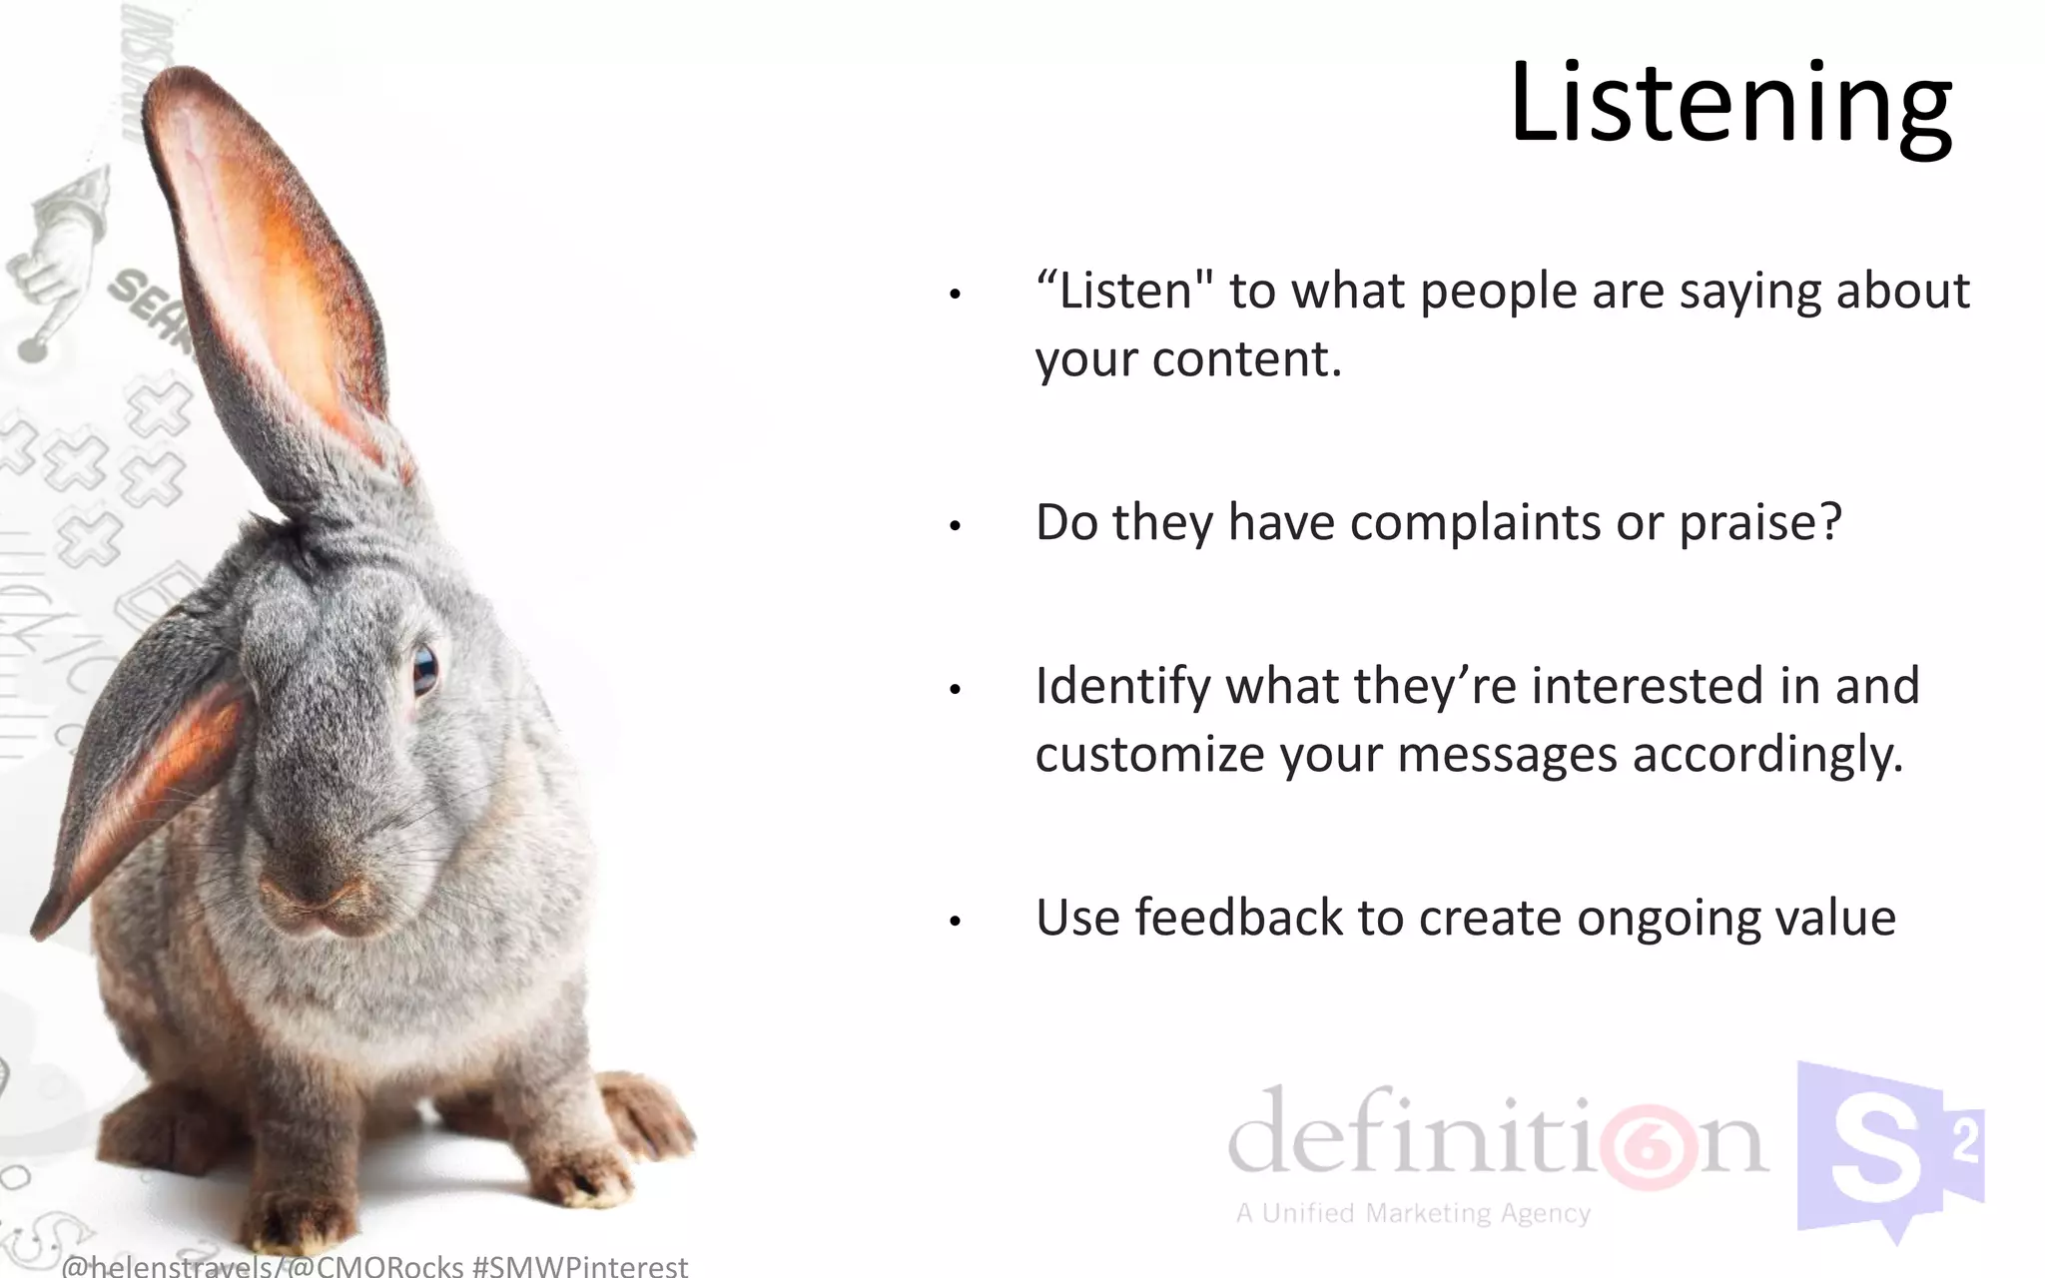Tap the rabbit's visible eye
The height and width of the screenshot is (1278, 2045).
(425, 669)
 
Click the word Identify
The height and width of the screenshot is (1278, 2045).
(1122, 687)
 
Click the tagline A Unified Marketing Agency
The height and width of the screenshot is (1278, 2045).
(1413, 1214)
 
